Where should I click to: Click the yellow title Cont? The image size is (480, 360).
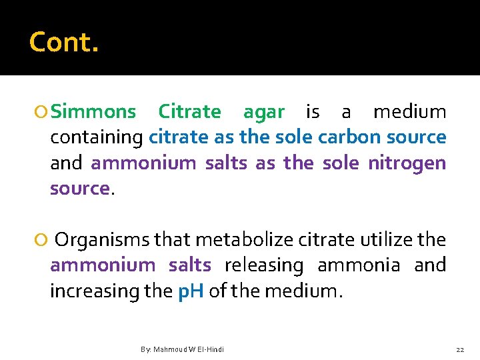pos(64,43)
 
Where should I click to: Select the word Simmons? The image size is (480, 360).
pos(93,112)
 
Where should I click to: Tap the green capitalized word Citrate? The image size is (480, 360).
pos(190,112)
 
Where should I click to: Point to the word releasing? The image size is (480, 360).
pos(263,265)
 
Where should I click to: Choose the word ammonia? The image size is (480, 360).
pos(359,265)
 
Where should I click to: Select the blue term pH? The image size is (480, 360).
pos(191,292)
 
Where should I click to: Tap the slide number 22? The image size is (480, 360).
pos(459,349)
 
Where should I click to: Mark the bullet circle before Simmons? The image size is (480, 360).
pos(43,112)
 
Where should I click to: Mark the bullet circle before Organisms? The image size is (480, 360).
pos(43,240)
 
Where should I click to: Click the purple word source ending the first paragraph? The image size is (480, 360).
pos(79,189)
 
